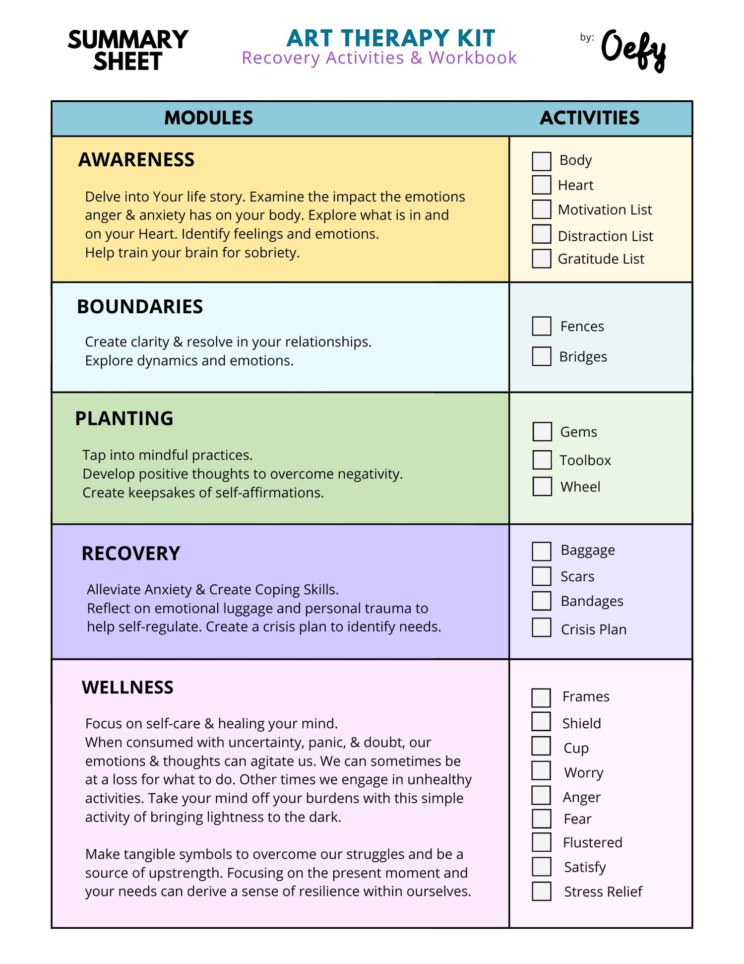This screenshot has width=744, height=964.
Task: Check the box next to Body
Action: (541, 161)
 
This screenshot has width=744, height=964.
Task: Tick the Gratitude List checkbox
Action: (541, 259)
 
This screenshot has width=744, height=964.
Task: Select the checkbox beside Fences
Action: (541, 326)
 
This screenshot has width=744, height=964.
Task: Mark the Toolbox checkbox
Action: (542, 460)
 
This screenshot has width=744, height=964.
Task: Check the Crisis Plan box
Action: (541, 627)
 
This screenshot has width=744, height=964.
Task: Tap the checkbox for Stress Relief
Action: (541, 891)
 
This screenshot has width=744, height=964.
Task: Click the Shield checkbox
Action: (541, 721)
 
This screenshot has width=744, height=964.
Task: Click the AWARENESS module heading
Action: (136, 160)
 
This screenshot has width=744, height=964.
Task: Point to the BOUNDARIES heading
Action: (140, 307)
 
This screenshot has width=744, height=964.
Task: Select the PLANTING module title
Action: (124, 418)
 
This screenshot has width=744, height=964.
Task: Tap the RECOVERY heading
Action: (131, 553)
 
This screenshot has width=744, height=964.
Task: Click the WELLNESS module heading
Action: (127, 688)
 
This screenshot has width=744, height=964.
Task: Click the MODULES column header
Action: (208, 118)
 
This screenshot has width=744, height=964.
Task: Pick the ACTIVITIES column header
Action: (589, 118)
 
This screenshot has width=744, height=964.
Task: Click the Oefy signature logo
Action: (633, 50)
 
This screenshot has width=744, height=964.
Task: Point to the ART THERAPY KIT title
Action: (391, 38)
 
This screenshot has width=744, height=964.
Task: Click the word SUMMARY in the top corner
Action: (128, 40)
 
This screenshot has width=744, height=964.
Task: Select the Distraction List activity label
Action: (605, 236)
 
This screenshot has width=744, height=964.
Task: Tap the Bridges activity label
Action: (583, 356)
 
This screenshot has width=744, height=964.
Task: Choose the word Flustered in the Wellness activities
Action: (592, 842)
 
